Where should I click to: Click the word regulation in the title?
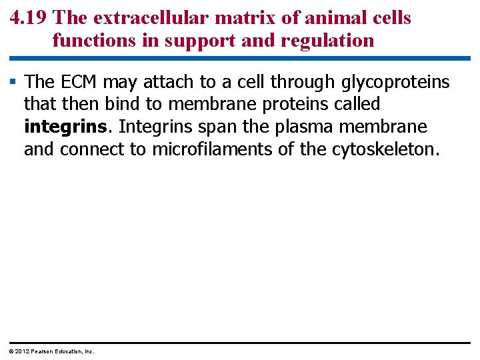point(328,41)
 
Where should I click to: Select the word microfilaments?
point(213,149)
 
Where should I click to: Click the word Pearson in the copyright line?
point(44,351)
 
